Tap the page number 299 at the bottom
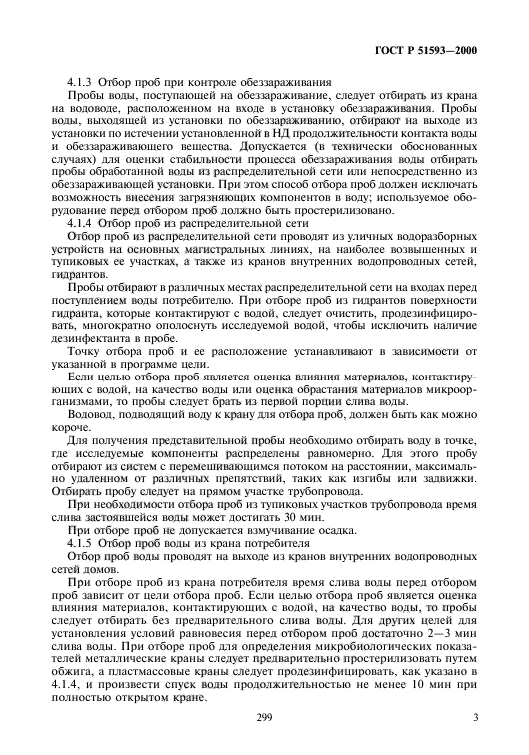coord(265,718)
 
